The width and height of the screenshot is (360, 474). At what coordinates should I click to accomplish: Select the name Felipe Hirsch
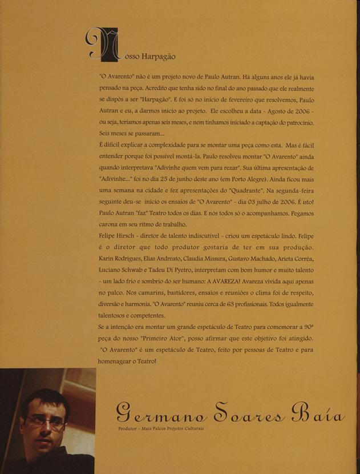coord(117,235)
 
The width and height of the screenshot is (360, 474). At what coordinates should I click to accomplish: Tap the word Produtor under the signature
coord(128,428)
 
